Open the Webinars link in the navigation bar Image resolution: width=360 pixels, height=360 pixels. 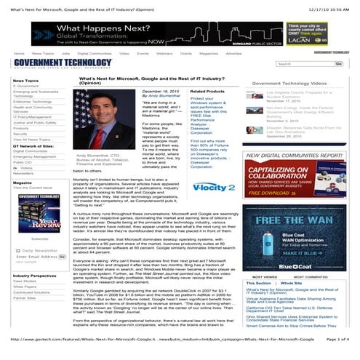point(164,53)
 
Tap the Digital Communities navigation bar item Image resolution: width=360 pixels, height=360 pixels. point(94,53)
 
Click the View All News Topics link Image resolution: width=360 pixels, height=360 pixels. point(32,139)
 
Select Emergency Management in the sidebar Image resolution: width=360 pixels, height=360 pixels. point(35,156)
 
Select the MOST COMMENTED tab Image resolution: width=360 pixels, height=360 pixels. point(311,277)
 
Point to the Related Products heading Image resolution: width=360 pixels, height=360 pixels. point(207,91)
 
